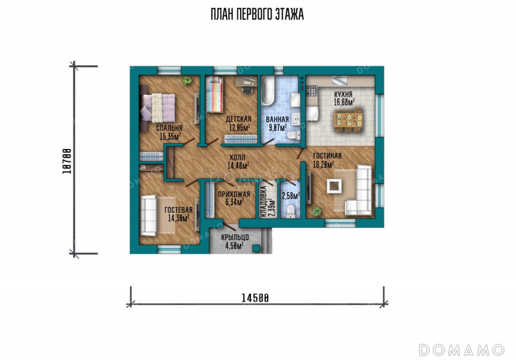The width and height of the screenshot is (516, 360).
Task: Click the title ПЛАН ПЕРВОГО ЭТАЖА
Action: [257, 14]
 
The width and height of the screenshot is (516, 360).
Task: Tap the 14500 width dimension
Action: [255, 298]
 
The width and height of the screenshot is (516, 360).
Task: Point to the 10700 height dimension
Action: [67, 161]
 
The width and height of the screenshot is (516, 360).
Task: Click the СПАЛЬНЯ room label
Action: [169, 128]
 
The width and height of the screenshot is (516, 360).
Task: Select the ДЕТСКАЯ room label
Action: [238, 119]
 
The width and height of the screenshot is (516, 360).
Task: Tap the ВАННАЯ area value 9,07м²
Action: [278, 127]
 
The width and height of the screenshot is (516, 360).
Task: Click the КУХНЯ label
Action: [343, 94]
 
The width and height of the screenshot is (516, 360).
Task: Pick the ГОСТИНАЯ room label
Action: [327, 155]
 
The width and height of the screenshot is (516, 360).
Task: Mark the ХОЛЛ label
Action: [237, 157]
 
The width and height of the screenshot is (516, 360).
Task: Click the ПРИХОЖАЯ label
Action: [234, 194]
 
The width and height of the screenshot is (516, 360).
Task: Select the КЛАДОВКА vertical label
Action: [264, 202]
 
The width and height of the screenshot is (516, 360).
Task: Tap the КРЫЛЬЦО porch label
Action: [235, 237]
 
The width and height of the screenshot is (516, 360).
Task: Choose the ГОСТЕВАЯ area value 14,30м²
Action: [179, 218]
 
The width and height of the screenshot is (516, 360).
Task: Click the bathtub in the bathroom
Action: [268, 90]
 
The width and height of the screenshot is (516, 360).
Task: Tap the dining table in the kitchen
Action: [348, 120]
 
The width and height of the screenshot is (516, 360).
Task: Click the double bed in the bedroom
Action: [157, 108]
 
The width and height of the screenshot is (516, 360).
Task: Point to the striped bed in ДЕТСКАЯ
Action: [214, 94]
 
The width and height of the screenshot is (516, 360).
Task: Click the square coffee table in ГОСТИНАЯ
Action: [334, 186]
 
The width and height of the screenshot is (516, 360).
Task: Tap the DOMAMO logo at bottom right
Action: [461, 350]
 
